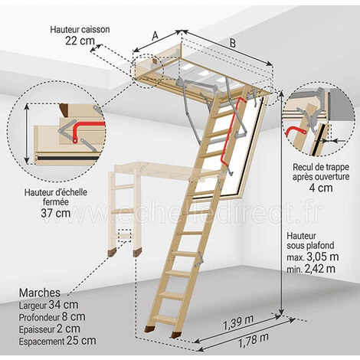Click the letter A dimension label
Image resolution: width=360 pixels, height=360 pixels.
[155, 36]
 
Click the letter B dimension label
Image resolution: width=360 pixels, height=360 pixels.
[232, 43]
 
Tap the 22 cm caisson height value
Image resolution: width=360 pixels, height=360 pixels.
[80, 41]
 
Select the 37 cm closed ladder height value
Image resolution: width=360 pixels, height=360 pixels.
[55, 213]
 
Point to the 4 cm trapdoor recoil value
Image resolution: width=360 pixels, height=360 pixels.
[321, 188]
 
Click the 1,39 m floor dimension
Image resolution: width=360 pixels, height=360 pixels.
[238, 322]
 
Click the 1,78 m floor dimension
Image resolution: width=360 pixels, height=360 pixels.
[254, 341]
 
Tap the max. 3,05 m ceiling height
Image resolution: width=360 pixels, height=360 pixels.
[313, 257]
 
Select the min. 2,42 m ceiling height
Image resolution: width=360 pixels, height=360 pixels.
[311, 269]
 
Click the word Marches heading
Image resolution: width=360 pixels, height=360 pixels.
[40, 293]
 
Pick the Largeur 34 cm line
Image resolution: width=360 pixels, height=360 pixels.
[48, 305]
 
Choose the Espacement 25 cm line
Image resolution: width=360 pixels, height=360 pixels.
[57, 341]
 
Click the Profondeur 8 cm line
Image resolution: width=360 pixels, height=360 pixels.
[52, 317]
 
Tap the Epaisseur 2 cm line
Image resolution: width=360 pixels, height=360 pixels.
[50, 329]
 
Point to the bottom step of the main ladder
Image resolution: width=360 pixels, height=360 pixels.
[166, 319]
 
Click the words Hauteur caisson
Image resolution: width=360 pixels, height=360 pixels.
[80, 29]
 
